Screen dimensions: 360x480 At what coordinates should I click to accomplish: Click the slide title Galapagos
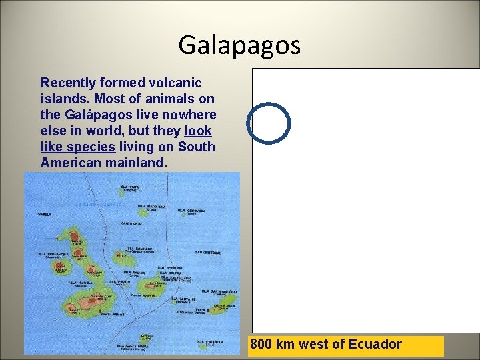(x=239, y=45)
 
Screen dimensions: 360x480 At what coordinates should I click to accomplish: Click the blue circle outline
(x=269, y=123)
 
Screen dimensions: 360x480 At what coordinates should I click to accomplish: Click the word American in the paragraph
(x=69, y=163)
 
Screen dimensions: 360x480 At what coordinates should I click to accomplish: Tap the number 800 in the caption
(x=263, y=345)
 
